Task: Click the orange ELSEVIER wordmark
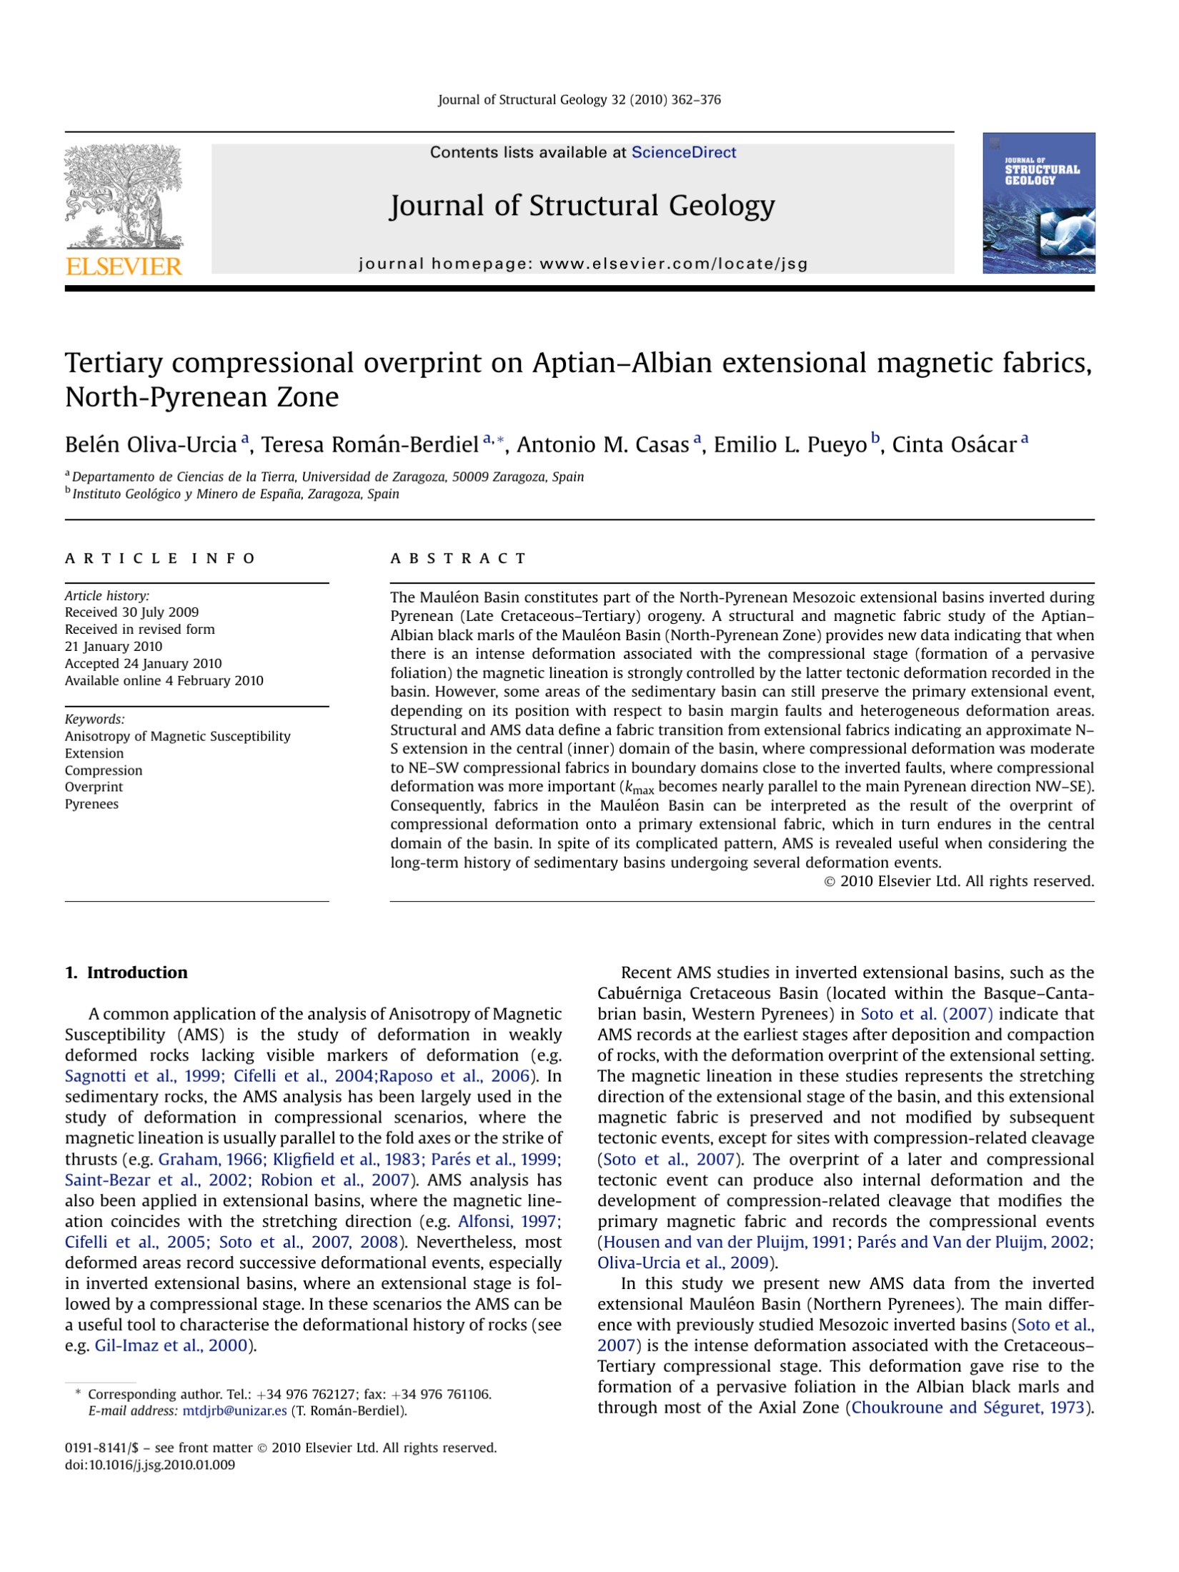[124, 267]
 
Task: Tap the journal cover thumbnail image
[1038, 203]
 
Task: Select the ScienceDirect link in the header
[683, 152]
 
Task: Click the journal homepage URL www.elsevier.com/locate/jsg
[673, 264]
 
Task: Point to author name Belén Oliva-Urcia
[151, 445]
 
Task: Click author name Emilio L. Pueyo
[790, 445]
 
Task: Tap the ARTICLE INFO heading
[159, 558]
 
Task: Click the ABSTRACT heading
[458, 558]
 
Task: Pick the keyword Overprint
[94, 787]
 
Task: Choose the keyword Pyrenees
[91, 804]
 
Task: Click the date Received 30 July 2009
[131, 612]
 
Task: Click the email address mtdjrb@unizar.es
[234, 1411]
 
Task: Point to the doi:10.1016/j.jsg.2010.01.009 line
[149, 1465]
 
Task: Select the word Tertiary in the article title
[114, 363]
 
